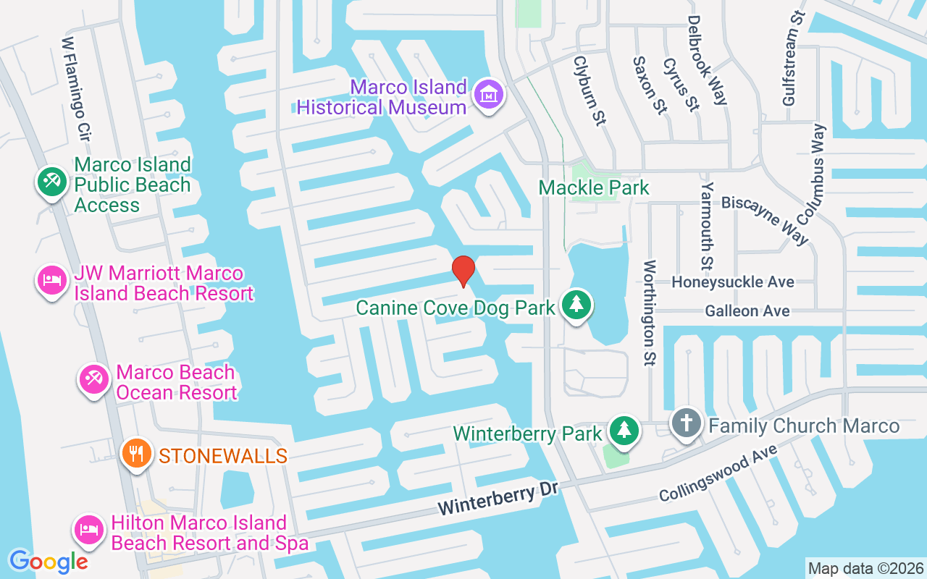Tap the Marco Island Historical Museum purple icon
click(489, 95)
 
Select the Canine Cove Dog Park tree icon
click(576, 305)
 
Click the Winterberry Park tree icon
click(623, 431)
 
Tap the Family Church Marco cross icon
click(687, 423)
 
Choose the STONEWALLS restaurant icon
click(135, 454)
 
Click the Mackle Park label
click(594, 188)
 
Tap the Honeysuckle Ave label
click(733, 282)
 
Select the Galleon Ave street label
click(747, 310)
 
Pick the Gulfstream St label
click(794, 58)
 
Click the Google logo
click(48, 561)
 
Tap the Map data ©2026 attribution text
click(866, 568)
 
